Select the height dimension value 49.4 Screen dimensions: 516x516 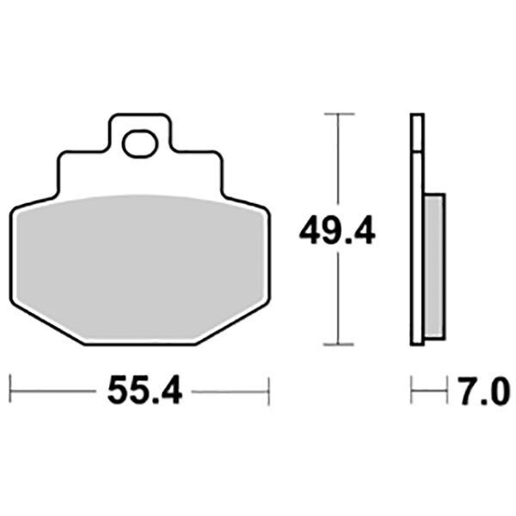(337, 230)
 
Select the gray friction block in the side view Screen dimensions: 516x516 (435, 266)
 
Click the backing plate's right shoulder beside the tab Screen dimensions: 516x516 (198, 159)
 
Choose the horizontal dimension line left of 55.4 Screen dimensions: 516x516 (52, 392)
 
